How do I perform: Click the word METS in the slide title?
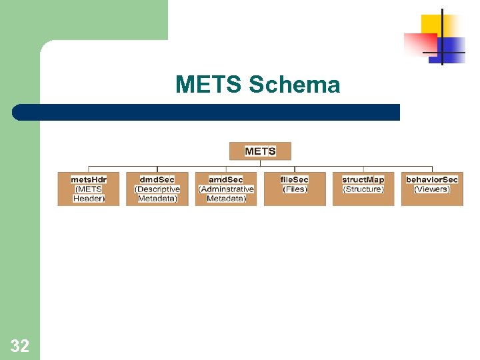pos(209,85)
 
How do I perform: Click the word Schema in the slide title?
pos(294,85)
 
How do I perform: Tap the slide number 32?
pos(20,346)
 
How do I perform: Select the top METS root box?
pos(260,151)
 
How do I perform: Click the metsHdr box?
pos(89,189)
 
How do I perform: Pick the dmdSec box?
pos(157,189)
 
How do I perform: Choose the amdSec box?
pos(226,189)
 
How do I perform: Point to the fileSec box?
pos(295,189)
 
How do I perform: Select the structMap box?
pos(363,189)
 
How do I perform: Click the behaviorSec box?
pos(432,189)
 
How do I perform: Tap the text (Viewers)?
pos(432,189)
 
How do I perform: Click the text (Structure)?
pos(363,189)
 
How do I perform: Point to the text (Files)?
pos(295,189)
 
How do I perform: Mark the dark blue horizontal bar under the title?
pos(207,112)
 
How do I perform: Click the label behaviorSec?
pos(432,179)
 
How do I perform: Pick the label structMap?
pos(363,179)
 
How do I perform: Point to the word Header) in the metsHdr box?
pos(89,199)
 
